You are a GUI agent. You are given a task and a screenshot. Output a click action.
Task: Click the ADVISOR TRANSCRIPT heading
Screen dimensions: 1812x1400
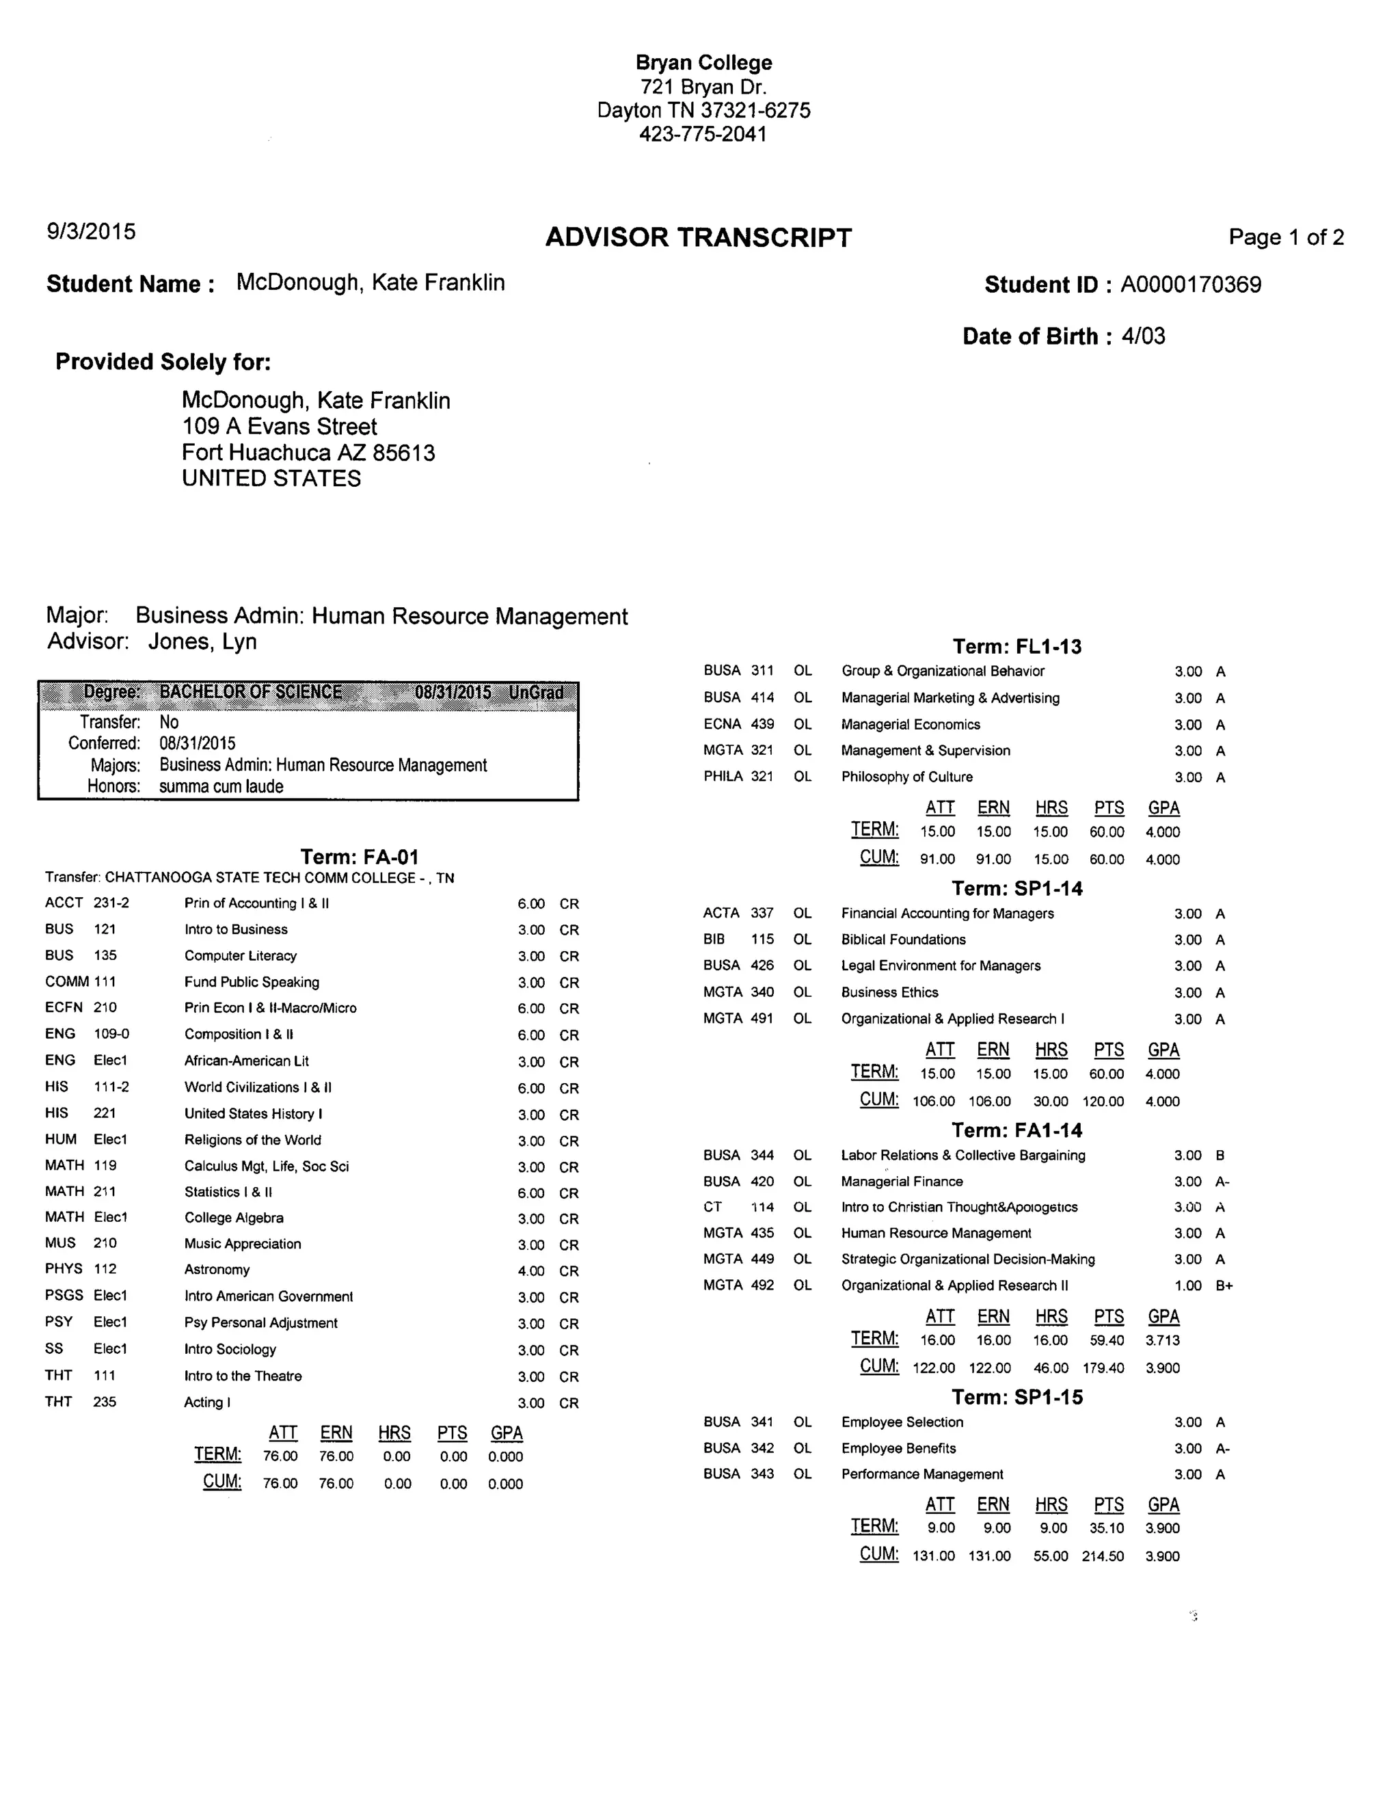tap(699, 238)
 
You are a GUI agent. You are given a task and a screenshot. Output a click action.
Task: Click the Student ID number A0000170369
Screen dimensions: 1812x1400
tap(1190, 284)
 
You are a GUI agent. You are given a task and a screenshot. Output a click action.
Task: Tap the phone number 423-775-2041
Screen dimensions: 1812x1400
tap(703, 133)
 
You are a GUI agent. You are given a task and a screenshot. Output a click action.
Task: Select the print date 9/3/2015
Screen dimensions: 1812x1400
tap(91, 232)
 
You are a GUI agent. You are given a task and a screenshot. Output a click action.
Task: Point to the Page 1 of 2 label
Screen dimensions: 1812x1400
tap(1286, 237)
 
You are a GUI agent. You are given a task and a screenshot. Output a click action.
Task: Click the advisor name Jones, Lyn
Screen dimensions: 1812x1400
tap(202, 641)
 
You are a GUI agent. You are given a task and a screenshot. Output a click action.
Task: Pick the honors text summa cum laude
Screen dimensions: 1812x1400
tap(221, 786)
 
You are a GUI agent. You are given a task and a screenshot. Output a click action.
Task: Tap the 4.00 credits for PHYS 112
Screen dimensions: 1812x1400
tap(530, 1271)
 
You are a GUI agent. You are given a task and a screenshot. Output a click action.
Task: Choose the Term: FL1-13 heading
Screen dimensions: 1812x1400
tap(1017, 646)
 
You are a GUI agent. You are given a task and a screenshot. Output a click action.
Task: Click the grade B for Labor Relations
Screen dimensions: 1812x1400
tap(1220, 1155)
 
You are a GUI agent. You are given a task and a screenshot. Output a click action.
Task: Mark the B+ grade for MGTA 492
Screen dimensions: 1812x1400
tap(1224, 1285)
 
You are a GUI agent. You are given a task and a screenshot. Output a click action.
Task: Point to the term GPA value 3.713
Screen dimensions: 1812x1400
tap(1162, 1340)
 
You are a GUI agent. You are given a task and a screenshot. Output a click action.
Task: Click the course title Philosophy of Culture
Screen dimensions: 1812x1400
tap(906, 777)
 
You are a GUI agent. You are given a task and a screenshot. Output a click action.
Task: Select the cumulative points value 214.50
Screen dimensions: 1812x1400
tap(1102, 1556)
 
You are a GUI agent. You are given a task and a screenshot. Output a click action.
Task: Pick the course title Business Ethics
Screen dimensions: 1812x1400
tap(889, 992)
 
